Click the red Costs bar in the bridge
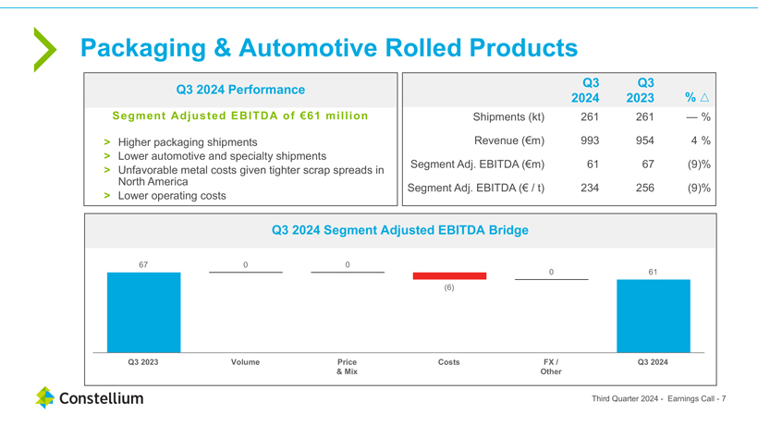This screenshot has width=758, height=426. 449,275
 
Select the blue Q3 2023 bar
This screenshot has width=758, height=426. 143,312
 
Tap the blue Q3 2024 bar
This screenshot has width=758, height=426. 653,315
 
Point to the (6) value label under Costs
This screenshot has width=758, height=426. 449,287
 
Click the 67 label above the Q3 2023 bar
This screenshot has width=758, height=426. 143,265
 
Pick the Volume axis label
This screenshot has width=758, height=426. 245,362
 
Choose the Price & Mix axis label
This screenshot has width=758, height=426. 347,366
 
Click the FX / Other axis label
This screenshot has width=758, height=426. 551,366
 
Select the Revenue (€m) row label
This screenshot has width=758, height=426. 508,140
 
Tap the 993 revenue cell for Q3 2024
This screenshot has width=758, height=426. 589,140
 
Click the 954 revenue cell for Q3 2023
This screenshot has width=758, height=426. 644,140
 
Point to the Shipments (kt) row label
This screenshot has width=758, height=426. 508,117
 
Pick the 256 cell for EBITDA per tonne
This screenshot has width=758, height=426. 644,188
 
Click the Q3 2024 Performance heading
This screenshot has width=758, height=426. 239,90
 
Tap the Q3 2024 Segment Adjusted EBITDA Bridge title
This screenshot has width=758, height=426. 399,230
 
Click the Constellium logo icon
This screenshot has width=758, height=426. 45,398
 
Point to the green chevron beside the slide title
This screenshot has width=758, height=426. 43,49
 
